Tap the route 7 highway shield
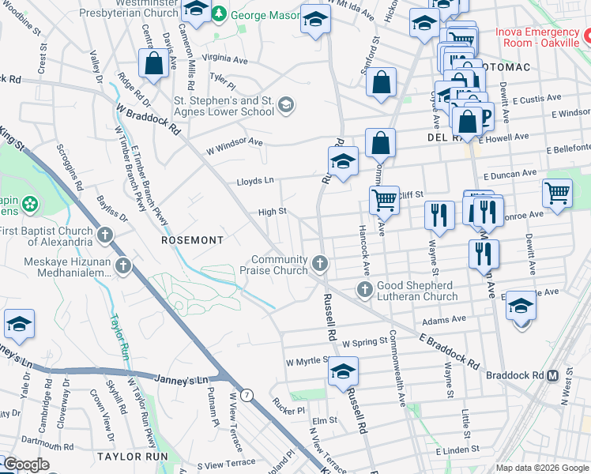click(247, 395)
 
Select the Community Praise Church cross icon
click(319, 262)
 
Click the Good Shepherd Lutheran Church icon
click(365, 289)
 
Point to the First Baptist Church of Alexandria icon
click(105, 235)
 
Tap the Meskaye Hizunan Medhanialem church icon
click(122, 266)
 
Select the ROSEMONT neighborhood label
click(193, 239)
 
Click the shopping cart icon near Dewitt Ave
click(557, 194)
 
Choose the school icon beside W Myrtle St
click(343, 371)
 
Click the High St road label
click(272, 212)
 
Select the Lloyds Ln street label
click(255, 181)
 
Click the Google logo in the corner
click(26, 465)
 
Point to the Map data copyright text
click(541, 468)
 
